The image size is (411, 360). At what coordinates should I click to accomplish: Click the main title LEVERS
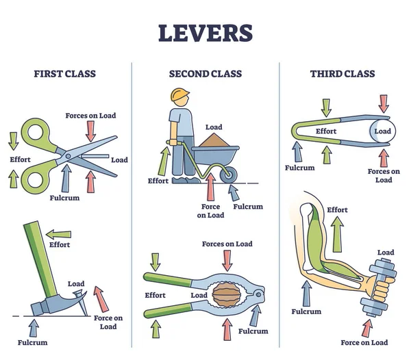click(x=206, y=32)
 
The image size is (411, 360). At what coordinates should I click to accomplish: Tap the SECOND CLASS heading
click(x=206, y=73)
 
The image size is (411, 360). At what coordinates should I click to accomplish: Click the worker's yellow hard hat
click(x=180, y=96)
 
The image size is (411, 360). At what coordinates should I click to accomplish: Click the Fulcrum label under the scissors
click(x=65, y=198)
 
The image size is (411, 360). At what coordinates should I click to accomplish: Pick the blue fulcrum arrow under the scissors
click(x=66, y=177)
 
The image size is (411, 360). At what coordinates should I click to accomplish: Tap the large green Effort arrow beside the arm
click(x=337, y=236)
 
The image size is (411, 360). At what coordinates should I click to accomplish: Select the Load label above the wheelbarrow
click(x=214, y=127)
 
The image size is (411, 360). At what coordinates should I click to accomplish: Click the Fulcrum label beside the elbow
click(x=306, y=311)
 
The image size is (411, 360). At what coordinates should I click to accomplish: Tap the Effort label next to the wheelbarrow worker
click(x=158, y=181)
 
